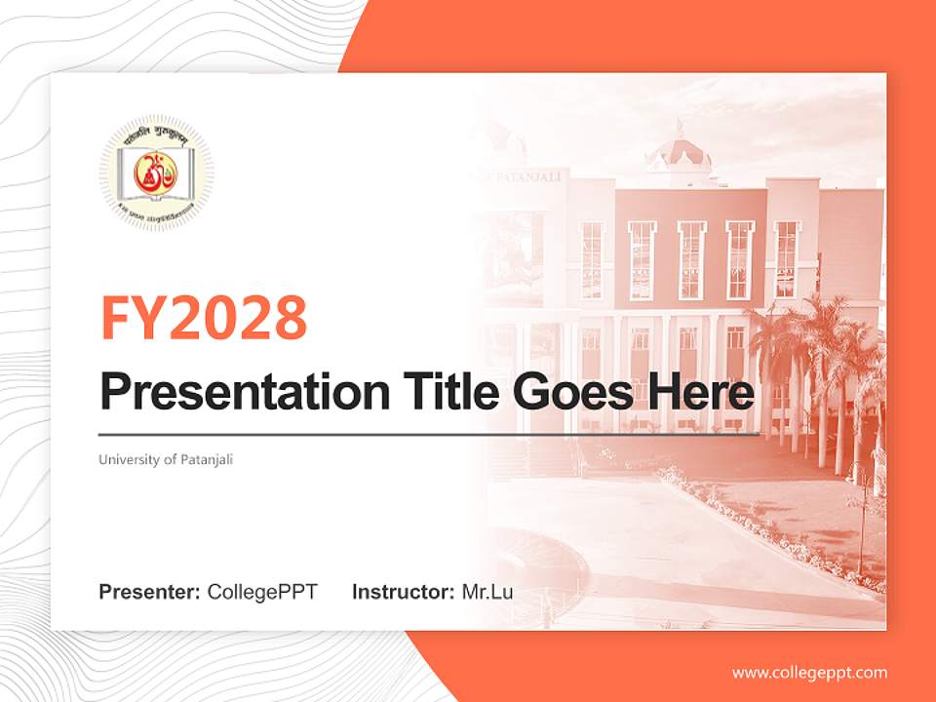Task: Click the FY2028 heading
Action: (203, 319)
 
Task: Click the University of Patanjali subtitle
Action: (166, 459)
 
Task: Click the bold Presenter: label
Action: (149, 592)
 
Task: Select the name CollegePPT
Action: (262, 592)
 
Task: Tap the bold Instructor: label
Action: (403, 592)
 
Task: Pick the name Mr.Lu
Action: (487, 592)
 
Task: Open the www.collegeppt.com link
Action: (809, 673)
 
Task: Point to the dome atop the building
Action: (680, 148)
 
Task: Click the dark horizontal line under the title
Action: (429, 434)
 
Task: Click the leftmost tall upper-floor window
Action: (592, 260)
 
